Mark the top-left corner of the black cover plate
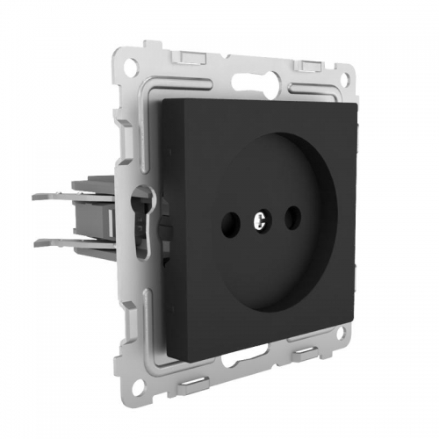(x=159, y=98)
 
